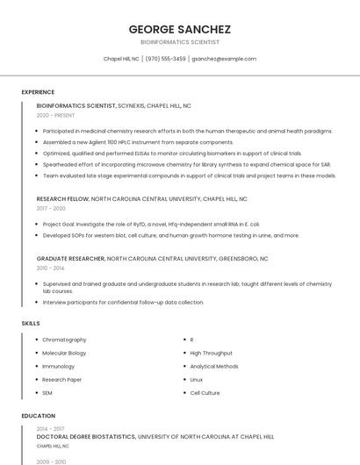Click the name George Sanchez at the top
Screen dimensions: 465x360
[x=180, y=29]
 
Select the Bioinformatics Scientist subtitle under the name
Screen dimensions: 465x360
[x=180, y=42]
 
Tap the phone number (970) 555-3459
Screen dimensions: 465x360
[x=165, y=59]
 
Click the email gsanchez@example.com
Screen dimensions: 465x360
[x=224, y=59]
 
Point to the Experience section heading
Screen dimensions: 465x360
[x=38, y=92]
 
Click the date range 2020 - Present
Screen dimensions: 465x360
[x=55, y=115]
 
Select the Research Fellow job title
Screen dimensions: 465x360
[x=63, y=199]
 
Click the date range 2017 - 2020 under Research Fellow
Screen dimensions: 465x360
[x=51, y=209]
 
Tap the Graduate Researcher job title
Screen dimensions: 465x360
[x=70, y=259]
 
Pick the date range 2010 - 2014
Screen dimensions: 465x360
[x=51, y=268]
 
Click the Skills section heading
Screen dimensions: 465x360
[x=31, y=324]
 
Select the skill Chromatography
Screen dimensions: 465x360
[x=64, y=340]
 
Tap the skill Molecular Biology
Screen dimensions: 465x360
[x=64, y=353]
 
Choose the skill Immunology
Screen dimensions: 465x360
[x=59, y=366]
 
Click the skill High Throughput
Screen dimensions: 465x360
[x=212, y=353]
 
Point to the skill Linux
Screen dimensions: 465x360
[x=197, y=380]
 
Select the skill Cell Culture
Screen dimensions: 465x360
[x=205, y=393]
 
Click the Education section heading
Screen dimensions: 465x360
[x=37, y=416]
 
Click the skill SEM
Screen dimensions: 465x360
[x=47, y=393]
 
